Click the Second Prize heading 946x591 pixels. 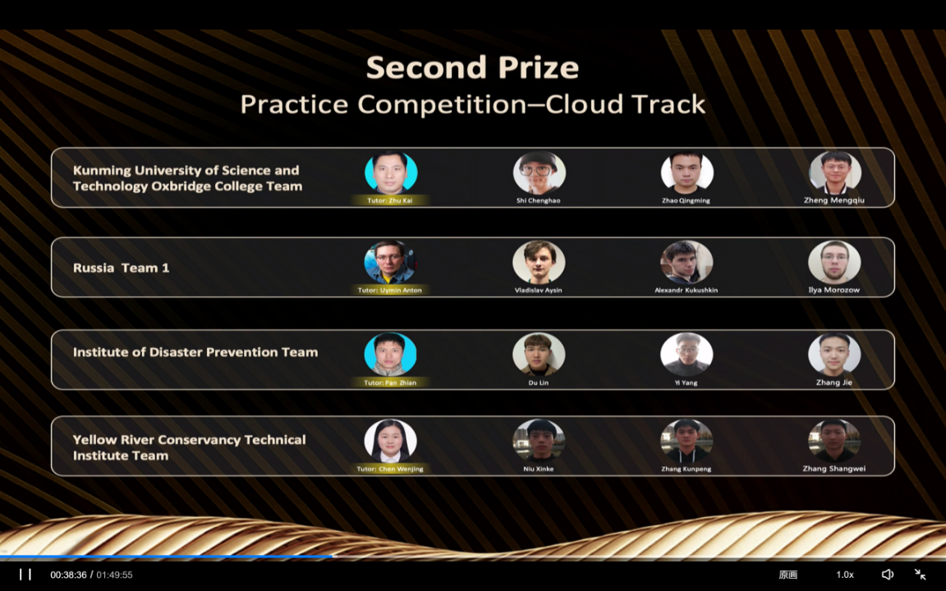coord(472,67)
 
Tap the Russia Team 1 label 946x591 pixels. coord(122,268)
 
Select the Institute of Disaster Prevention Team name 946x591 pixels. coord(195,352)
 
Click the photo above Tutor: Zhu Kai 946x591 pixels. coord(391,173)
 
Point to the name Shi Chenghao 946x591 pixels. coord(538,201)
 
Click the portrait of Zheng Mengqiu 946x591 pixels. coord(835,173)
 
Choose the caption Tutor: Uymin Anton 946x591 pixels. coord(390,290)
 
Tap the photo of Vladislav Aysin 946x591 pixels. coord(539,263)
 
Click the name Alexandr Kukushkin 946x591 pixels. coord(687,290)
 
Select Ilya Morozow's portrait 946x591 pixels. coord(834,263)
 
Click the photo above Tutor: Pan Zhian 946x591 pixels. coord(390,355)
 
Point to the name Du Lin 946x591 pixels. coord(538,383)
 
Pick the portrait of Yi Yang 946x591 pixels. coord(687,355)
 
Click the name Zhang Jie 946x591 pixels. coord(834,383)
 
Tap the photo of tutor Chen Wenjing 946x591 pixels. coord(390,441)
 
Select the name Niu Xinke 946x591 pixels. coord(538,469)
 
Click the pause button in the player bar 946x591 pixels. coord(25,575)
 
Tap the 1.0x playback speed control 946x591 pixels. coord(845,575)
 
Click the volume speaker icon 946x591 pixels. coord(888,575)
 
